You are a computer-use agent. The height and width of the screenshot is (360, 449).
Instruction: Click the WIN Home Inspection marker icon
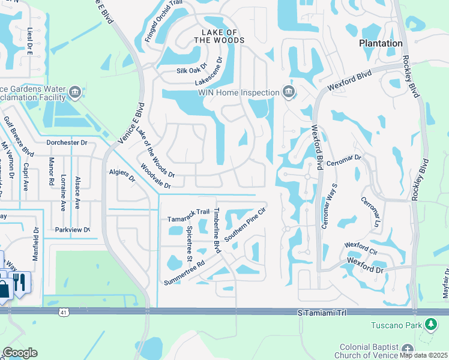click(289, 92)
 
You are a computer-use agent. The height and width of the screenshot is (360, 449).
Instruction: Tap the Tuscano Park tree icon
click(430, 325)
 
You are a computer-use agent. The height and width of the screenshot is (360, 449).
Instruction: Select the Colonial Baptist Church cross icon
click(408, 350)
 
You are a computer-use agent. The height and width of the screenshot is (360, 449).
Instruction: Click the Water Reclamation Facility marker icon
click(75, 92)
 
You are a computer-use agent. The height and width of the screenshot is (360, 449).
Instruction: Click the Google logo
click(20, 353)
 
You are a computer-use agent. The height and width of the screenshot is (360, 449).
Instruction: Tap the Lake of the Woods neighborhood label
click(219, 35)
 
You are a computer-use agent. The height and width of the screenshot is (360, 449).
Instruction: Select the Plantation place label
click(381, 43)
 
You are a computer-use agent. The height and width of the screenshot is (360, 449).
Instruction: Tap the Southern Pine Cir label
click(244, 225)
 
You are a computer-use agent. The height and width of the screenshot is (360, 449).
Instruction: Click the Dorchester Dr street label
click(67, 143)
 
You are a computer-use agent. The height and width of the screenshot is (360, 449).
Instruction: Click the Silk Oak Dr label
click(191, 70)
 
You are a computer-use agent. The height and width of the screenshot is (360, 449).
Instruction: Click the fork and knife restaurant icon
click(20, 282)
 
